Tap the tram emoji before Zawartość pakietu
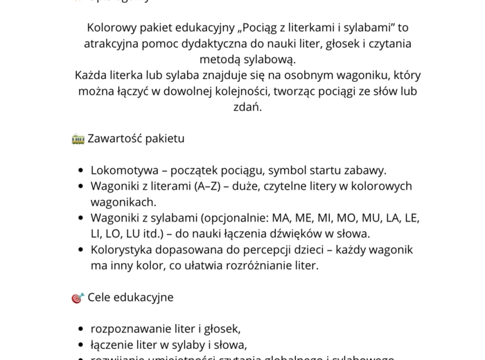pos(78,138)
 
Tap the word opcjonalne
pos(233,218)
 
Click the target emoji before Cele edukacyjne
pos(78,298)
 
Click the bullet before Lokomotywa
pos(81,170)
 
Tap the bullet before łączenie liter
pos(81,345)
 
